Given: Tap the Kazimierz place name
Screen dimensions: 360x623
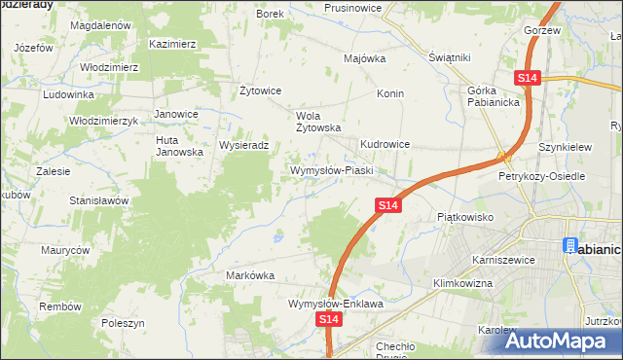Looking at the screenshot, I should pyautogui.click(x=173, y=44).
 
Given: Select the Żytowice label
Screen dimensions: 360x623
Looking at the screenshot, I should pyautogui.click(x=260, y=90).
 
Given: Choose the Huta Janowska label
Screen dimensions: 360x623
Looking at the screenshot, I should pyautogui.click(x=179, y=146).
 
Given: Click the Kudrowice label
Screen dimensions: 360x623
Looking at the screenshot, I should pyautogui.click(x=385, y=144).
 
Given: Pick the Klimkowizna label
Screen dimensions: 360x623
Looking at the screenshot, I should pyautogui.click(x=462, y=283).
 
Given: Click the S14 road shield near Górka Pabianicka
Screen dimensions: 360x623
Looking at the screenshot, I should pyautogui.click(x=528, y=77).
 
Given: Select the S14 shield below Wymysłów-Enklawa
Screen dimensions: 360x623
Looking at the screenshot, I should pyautogui.click(x=330, y=318).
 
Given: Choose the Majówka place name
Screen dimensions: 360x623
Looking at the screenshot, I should pyautogui.click(x=365, y=57).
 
